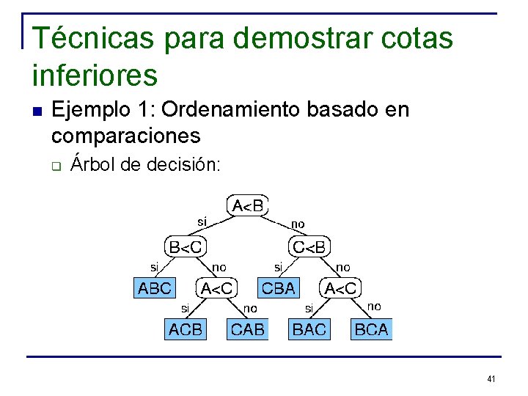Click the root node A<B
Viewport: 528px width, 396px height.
pos(249,205)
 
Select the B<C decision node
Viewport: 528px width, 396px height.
pos(186,247)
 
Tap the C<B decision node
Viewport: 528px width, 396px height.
pos(309,247)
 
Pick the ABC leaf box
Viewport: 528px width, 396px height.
pos(155,289)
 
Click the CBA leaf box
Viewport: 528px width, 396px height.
pos(278,289)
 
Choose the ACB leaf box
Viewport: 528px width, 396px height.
pos(186,330)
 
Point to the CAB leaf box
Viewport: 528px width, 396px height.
pos(248,330)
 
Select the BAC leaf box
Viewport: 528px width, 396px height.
pos(309,330)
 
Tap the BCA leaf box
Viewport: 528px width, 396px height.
pos(371,330)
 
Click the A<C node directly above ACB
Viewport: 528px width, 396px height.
pos(217,289)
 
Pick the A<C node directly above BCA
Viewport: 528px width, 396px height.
pos(341,289)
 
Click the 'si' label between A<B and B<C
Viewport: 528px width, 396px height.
pos(202,220)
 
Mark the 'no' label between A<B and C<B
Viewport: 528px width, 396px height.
pos(298,224)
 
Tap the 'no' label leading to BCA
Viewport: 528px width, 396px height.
pos(374,306)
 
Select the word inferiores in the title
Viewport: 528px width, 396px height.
pos(95,75)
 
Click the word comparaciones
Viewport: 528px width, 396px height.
pos(125,136)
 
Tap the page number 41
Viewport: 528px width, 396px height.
pos(491,379)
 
